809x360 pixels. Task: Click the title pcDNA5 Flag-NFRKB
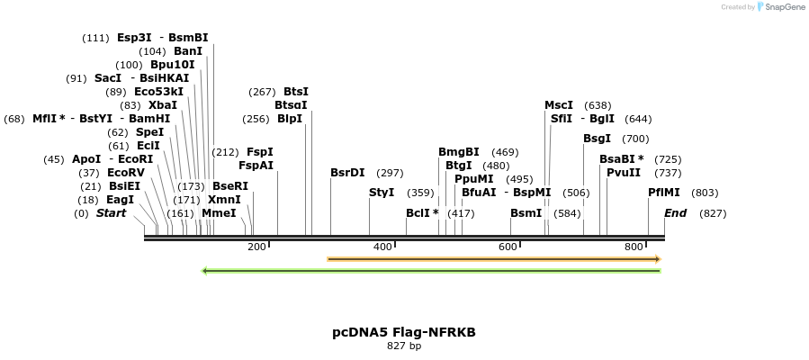pyautogui.click(x=404, y=332)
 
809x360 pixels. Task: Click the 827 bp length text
pyautogui.click(x=404, y=346)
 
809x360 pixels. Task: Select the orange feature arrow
pyautogui.click(x=494, y=259)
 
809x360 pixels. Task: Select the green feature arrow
pyautogui.click(x=432, y=270)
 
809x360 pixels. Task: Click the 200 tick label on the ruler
pyautogui.click(x=257, y=247)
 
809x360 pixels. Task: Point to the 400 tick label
pyautogui.click(x=382, y=247)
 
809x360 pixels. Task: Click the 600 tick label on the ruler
pyautogui.click(x=508, y=247)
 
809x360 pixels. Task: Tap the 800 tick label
pyautogui.click(x=634, y=247)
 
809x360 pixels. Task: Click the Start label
pyautogui.click(x=111, y=213)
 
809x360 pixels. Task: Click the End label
pyautogui.click(x=675, y=213)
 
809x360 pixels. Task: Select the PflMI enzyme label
pyautogui.click(x=665, y=193)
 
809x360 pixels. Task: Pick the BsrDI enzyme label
pyautogui.click(x=347, y=173)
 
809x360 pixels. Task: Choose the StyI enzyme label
pyautogui.click(x=382, y=193)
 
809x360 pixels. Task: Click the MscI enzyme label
pyautogui.click(x=559, y=105)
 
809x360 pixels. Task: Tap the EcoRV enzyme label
pyautogui.click(x=126, y=173)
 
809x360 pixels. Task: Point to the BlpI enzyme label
pyautogui.click(x=290, y=119)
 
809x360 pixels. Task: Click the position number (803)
pyautogui.click(x=705, y=193)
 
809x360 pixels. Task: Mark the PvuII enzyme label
pyautogui.click(x=624, y=173)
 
